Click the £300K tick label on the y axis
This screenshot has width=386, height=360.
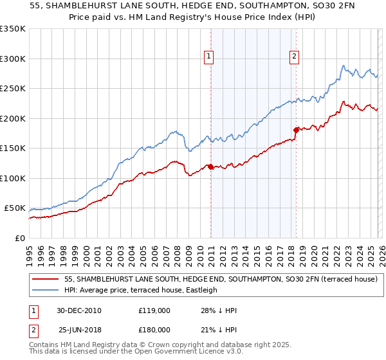pos(13,59)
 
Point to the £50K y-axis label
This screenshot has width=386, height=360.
pos(15,208)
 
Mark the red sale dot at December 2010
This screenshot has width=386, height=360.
pos(210,167)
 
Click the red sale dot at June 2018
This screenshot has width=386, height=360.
pos(296,130)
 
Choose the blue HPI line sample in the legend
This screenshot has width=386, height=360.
pos(46,290)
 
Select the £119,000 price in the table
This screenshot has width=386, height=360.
pos(154,310)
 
